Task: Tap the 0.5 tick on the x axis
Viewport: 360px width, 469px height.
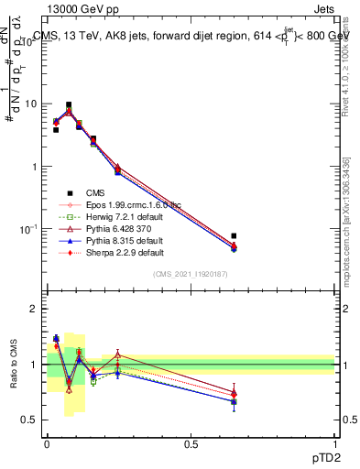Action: click(x=191, y=444)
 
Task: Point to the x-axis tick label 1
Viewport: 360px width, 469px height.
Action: click(x=334, y=444)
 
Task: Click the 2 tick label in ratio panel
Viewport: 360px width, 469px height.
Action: click(x=33, y=309)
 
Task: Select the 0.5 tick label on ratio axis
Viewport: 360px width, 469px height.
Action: click(x=29, y=420)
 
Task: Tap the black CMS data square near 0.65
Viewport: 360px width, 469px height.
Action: click(x=234, y=236)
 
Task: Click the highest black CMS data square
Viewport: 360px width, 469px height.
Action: click(x=69, y=105)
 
